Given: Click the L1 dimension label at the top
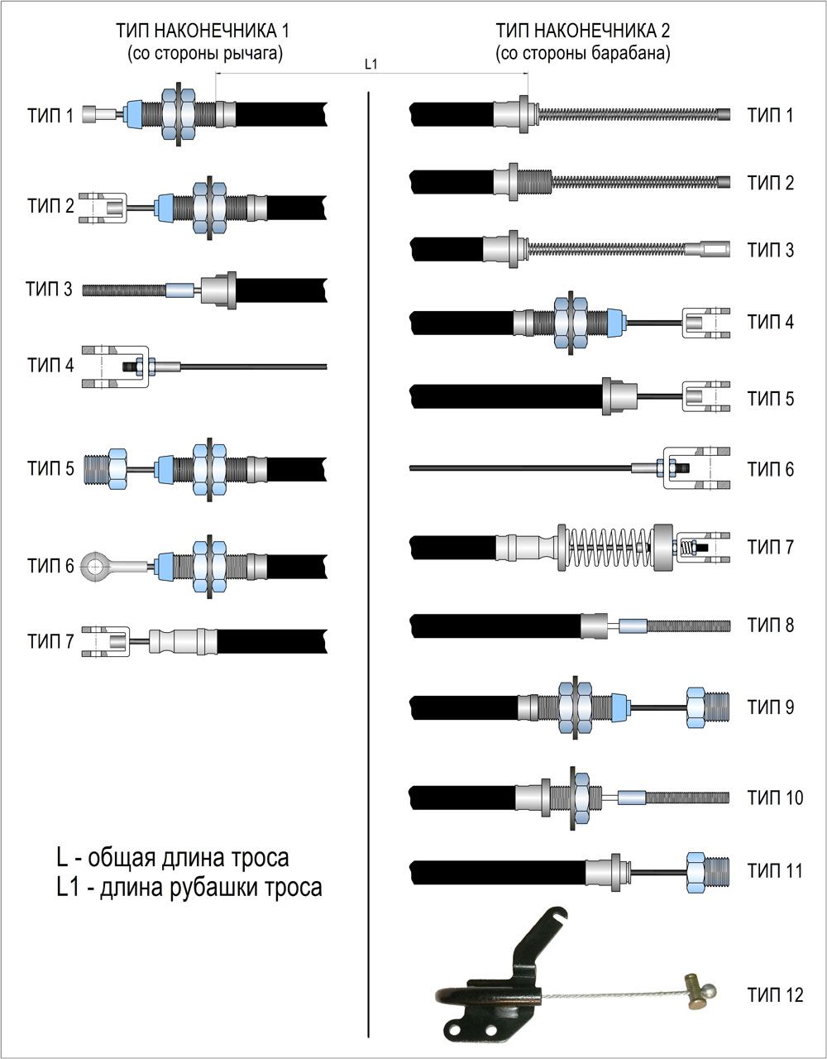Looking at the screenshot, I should point(371,65).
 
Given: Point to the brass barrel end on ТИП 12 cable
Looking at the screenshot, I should point(697,990).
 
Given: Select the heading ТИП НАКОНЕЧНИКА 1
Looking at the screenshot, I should point(206,31).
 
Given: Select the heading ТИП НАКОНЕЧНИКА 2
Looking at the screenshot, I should point(582,31).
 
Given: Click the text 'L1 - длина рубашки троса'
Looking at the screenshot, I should point(189,888).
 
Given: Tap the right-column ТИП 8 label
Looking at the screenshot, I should point(770,625).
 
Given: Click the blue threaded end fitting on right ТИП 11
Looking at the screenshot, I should point(706,870).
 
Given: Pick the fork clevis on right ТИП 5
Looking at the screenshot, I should point(705,397).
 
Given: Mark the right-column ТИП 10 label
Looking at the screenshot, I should point(774,798).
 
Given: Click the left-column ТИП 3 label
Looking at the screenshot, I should point(50,290).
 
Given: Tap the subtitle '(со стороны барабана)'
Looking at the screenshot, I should point(582,54).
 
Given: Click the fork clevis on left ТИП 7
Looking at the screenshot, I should point(105,640).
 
